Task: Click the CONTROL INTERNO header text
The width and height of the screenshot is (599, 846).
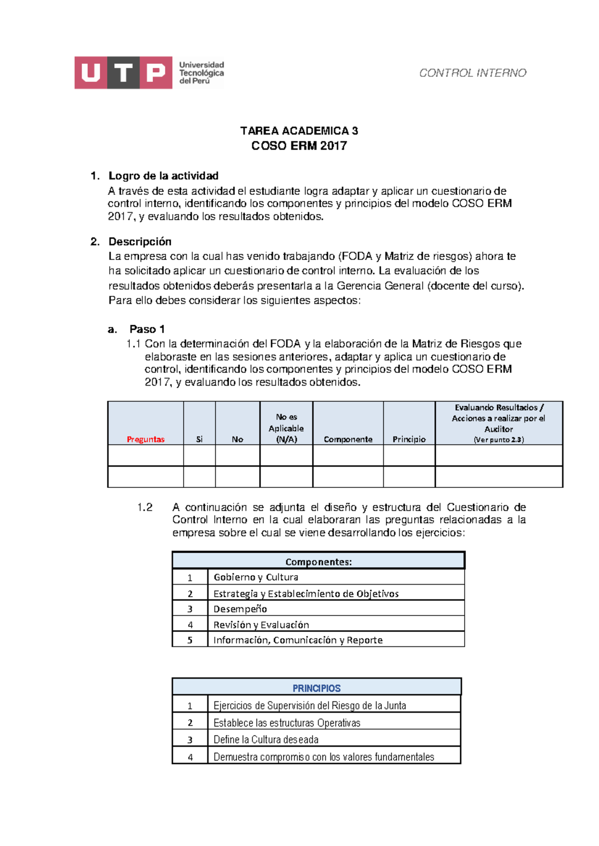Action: [472, 73]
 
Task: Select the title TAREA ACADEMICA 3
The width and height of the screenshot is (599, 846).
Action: [299, 131]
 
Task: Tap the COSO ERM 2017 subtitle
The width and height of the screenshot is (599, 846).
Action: [299, 146]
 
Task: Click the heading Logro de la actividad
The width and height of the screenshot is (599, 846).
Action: [163, 176]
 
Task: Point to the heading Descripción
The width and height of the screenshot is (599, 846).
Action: [140, 241]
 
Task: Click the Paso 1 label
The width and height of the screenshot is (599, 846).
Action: [147, 329]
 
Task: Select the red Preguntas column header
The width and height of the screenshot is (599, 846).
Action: [145, 439]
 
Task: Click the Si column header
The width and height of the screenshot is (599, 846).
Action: [199, 439]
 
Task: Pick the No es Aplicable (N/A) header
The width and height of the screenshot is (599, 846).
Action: [286, 428]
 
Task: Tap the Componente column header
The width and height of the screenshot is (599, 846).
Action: [348, 439]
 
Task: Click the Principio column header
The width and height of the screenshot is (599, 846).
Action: [409, 439]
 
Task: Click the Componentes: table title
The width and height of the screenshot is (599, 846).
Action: [318, 562]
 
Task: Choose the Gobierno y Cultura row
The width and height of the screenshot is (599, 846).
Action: [256, 577]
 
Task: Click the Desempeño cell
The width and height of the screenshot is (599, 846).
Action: [240, 609]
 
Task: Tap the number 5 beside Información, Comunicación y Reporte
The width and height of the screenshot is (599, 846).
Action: [190, 640]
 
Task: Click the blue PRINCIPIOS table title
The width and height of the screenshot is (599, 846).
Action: [316, 688]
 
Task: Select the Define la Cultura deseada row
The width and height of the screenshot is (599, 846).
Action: [266, 739]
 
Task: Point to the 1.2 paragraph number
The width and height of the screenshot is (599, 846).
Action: [145, 507]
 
